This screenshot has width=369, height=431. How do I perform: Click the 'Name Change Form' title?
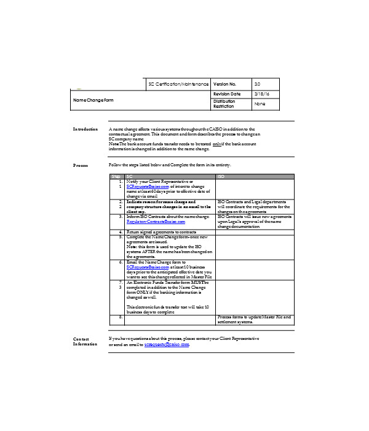[93, 100]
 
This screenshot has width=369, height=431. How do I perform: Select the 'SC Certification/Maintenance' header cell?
[178, 83]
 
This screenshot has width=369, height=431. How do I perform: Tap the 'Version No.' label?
[224, 83]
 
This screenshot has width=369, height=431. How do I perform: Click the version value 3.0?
[257, 83]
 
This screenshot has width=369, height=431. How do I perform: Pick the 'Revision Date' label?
[226, 93]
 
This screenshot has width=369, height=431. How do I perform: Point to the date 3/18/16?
[262, 93]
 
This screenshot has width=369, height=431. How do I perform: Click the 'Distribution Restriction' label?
[224, 103]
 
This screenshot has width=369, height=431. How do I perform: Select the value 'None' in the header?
[260, 104]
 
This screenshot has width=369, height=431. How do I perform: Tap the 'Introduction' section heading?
[85, 129]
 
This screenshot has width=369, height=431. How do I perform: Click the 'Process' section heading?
[81, 166]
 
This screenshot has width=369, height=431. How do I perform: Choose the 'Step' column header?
[116, 177]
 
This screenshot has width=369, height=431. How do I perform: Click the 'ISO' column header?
[221, 177]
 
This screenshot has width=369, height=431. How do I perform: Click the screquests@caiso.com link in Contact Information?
[167, 344]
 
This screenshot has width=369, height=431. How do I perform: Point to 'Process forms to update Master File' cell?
[253, 318]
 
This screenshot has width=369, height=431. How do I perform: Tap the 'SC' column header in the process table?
[129, 177]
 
